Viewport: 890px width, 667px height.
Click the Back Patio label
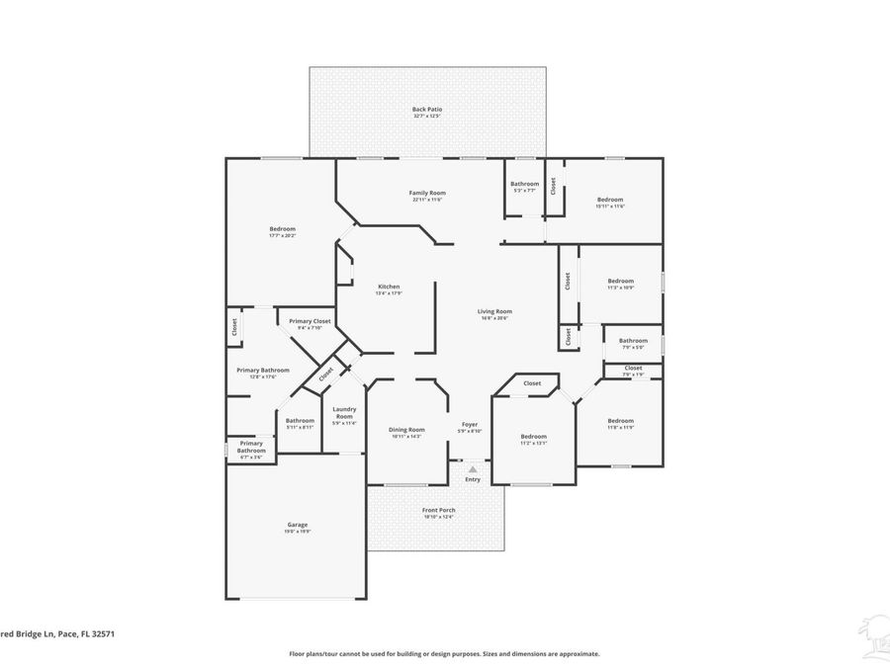coord(427,109)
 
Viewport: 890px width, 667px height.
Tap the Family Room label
coord(427,192)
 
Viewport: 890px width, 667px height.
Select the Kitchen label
coord(388,287)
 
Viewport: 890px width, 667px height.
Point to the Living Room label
coord(494,311)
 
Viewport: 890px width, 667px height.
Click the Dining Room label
coord(405,429)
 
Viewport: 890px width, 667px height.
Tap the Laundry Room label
coord(343,413)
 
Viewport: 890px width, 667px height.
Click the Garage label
coord(298,524)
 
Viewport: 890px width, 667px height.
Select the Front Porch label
coord(437,510)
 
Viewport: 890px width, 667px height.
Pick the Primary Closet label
coord(310,321)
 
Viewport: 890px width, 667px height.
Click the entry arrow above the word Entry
coord(473,469)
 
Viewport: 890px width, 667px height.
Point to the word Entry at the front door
coord(473,479)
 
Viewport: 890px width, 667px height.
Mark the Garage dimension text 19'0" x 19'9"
coord(298,531)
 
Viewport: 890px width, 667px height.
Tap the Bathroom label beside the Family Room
coord(524,183)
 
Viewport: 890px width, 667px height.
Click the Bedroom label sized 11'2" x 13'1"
coord(533,436)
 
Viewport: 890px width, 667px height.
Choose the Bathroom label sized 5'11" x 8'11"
coord(300,420)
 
